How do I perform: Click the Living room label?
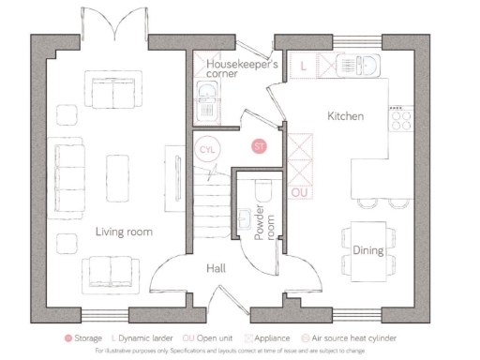coord(123,231)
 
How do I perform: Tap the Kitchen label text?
coord(344,116)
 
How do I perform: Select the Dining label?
coord(367,250)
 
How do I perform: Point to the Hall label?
coord(216,269)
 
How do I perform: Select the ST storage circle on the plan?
coord(260,146)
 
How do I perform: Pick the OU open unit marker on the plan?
coord(300,192)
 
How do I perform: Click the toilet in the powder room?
coord(263,192)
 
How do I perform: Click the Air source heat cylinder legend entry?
coord(356,337)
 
